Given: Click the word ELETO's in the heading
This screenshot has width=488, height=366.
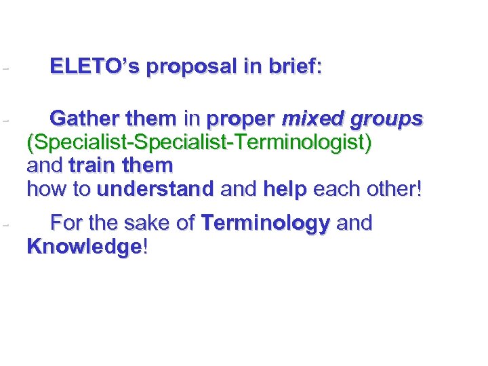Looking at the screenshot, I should click(94, 67).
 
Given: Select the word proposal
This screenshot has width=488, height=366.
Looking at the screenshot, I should click(188, 67).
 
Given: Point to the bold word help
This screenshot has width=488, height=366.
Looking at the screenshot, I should click(287, 189).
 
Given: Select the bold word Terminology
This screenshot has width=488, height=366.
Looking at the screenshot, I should click(266, 224).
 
